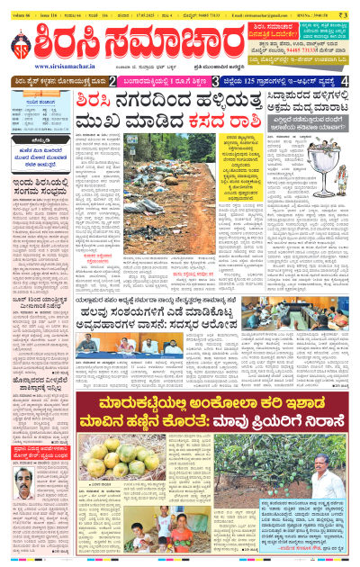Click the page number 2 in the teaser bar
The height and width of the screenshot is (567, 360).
click(112, 81)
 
